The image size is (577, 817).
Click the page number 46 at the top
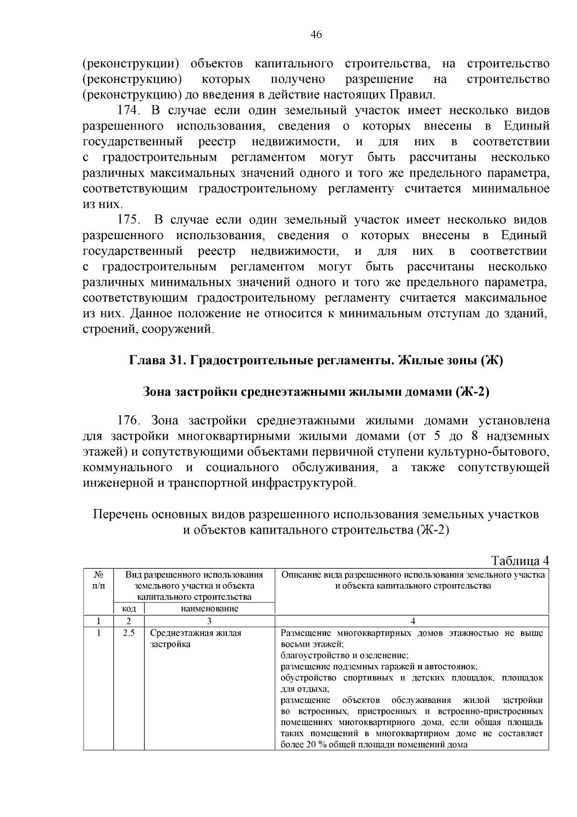point(316,35)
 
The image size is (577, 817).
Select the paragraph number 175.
point(128,220)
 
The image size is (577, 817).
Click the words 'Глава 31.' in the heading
point(158,361)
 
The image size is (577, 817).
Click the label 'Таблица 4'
point(519,561)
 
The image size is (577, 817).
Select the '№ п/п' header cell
point(98,580)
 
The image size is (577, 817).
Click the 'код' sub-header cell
point(129,609)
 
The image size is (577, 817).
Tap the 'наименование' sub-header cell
point(209,609)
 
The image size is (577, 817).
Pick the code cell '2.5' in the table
point(128,633)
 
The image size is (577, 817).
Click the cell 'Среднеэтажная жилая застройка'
point(196,638)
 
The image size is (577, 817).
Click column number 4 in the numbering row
point(412,621)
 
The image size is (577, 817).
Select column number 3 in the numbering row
point(209,621)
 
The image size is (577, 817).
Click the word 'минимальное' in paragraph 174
point(510,189)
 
